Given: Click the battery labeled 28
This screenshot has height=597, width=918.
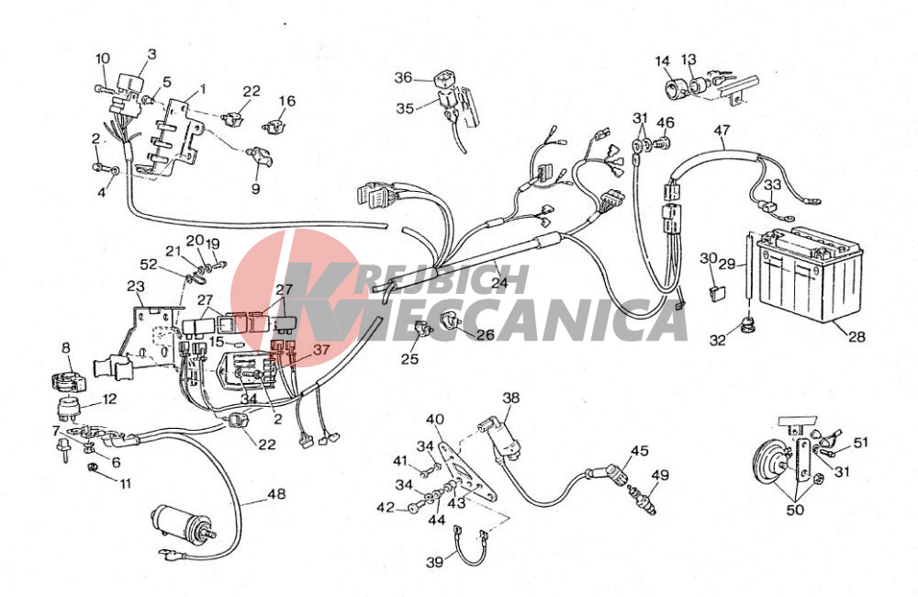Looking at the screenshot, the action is pos(811,275).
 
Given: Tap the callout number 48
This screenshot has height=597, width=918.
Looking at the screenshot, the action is pos(276,494).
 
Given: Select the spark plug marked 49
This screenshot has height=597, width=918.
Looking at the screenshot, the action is pos(643,498).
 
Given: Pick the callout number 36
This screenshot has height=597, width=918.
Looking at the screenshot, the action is pos(403,77).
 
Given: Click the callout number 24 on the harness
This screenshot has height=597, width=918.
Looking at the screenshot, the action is pos(499,283).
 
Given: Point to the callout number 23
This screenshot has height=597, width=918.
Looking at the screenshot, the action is pos(137,287).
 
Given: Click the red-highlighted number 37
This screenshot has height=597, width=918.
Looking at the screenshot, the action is pos(321,350).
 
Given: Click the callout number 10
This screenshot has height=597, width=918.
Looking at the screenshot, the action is pos(103,59).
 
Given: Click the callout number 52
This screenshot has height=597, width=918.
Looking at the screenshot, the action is pos(148,265).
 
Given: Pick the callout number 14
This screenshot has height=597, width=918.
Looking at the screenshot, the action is pos(662,61).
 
